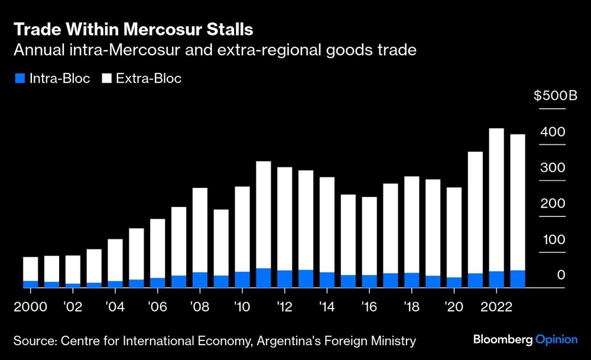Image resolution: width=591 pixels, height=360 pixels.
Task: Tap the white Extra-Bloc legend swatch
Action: [108, 79]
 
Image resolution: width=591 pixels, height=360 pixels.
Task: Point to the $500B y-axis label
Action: [555, 96]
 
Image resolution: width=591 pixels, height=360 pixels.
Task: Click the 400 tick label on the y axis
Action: [554, 132]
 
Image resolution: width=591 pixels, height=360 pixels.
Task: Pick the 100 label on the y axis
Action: [554, 240]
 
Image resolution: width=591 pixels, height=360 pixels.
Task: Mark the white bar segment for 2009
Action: [221, 242]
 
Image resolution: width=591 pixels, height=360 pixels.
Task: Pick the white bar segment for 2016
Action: [369, 236]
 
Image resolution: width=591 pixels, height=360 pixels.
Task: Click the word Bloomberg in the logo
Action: [503, 339]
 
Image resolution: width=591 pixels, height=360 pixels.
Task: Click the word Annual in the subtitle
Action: [37, 50]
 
